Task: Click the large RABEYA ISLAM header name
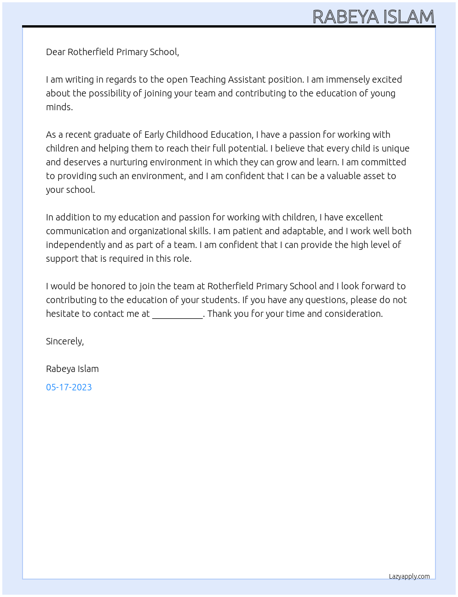(x=373, y=17)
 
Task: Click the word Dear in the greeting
(x=56, y=52)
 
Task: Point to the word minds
(x=59, y=107)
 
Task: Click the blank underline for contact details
(x=177, y=315)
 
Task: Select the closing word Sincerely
(x=64, y=341)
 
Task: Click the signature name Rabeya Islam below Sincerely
(x=72, y=369)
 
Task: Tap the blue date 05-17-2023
(x=69, y=387)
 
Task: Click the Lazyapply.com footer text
(x=409, y=576)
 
